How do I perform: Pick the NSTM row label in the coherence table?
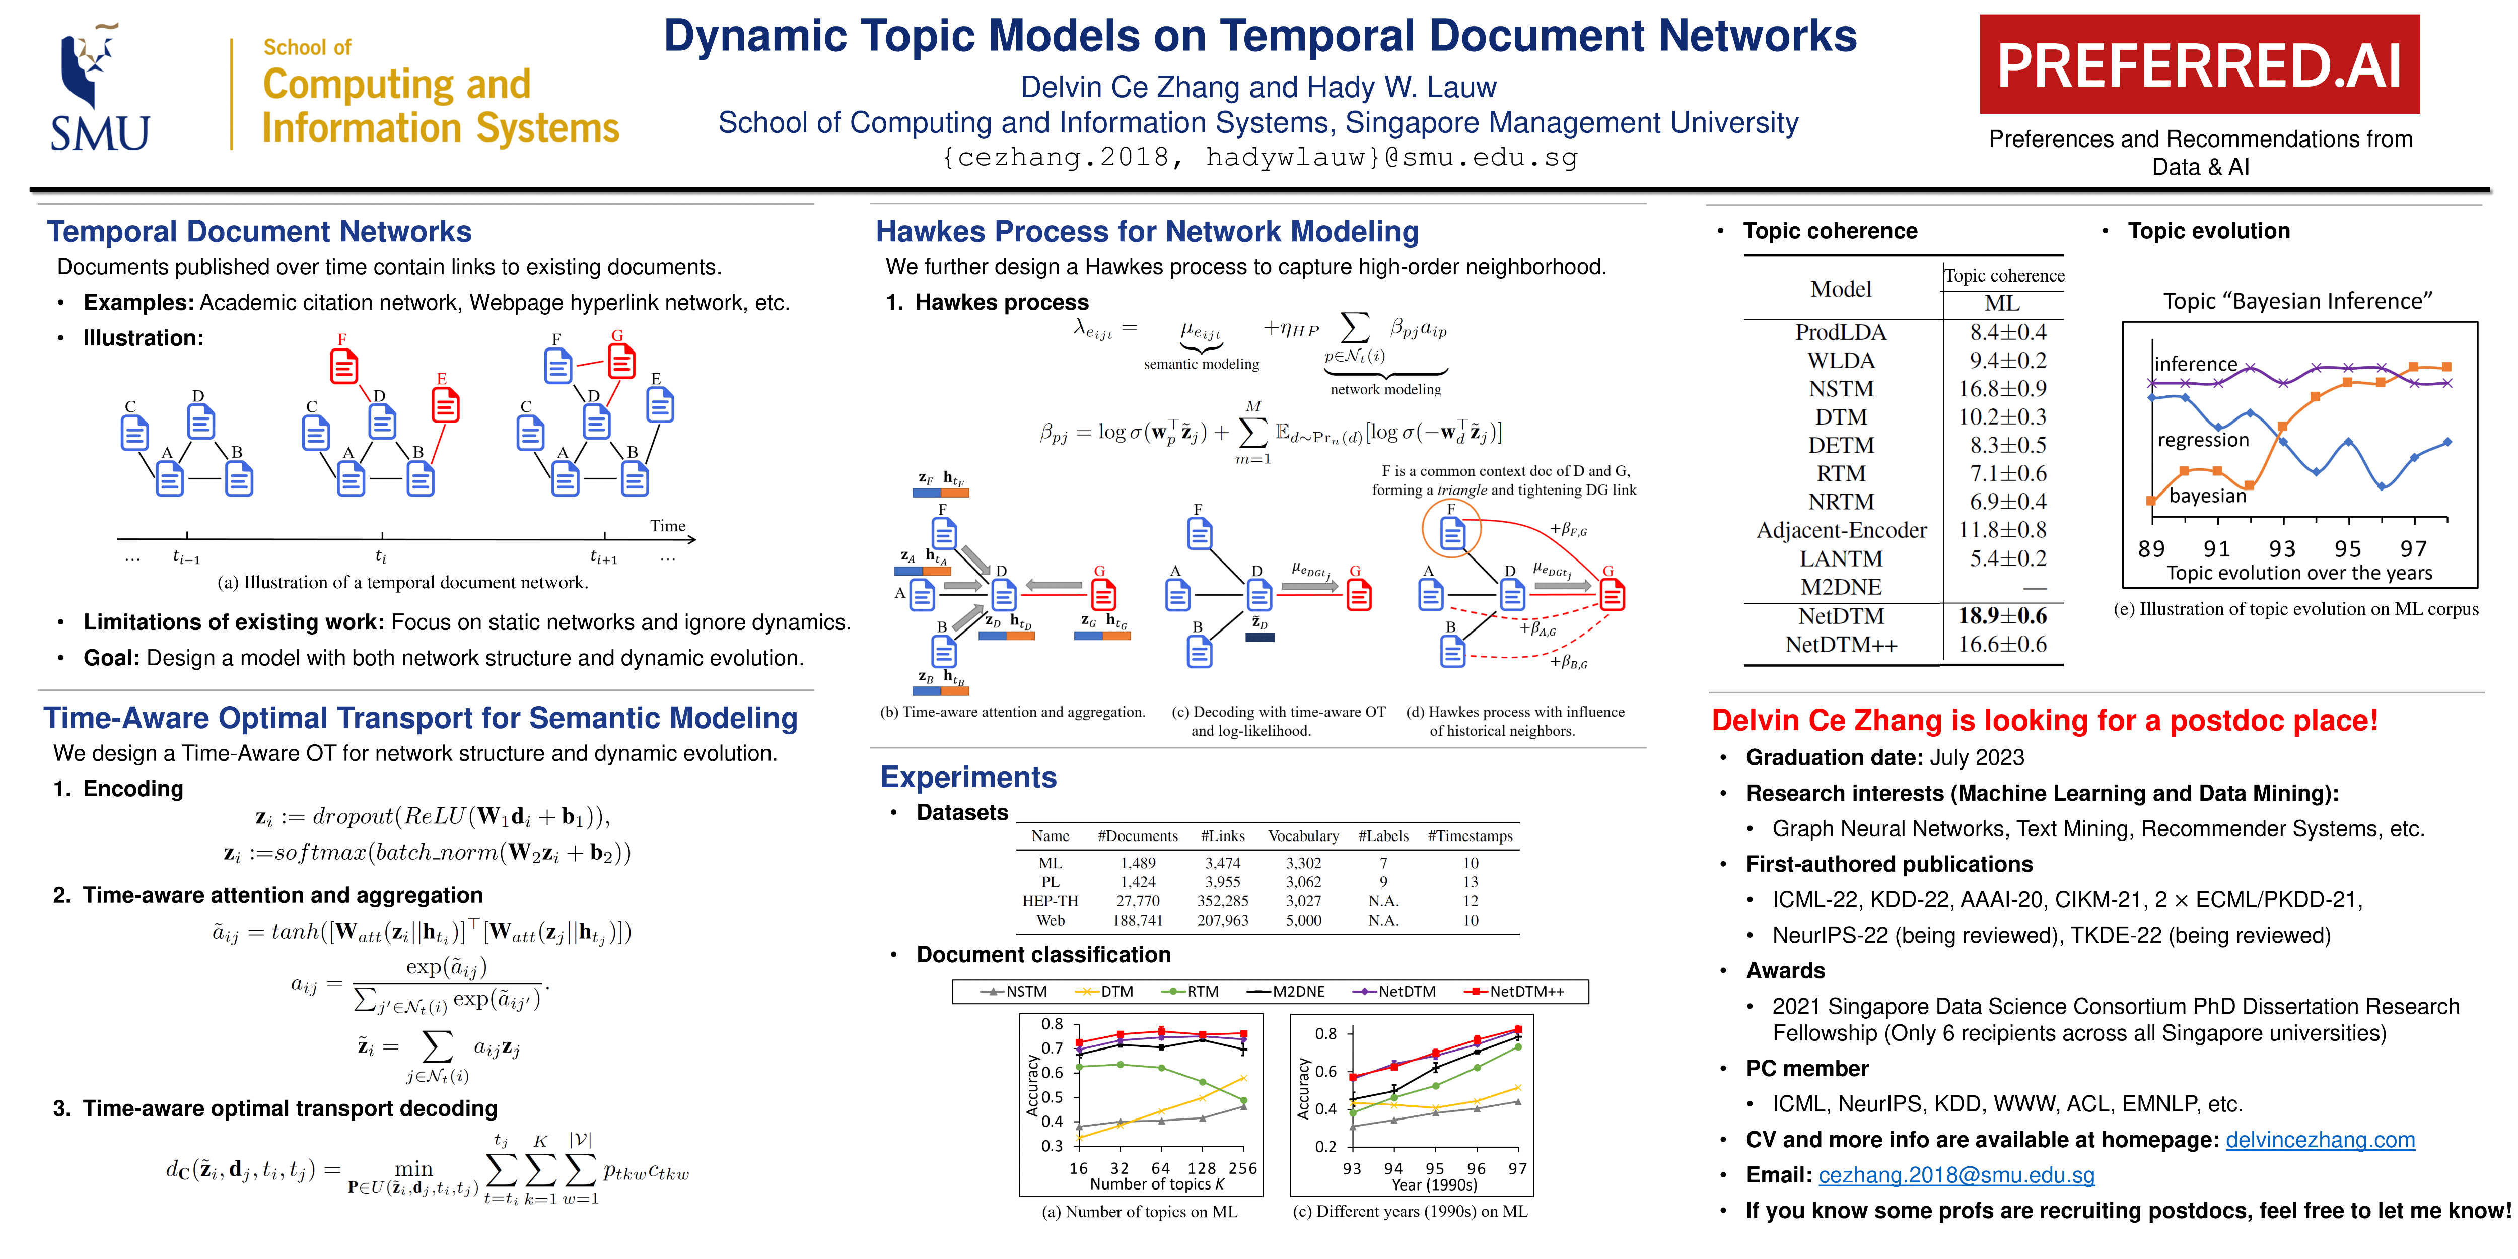[x=1841, y=389]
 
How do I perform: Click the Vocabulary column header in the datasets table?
[x=1303, y=836]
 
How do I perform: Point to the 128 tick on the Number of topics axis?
[x=1201, y=1168]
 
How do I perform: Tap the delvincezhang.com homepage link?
[x=2320, y=1140]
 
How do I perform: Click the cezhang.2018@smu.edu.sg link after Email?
[x=1956, y=1175]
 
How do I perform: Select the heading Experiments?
[x=968, y=777]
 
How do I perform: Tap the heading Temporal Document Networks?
[x=259, y=232]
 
